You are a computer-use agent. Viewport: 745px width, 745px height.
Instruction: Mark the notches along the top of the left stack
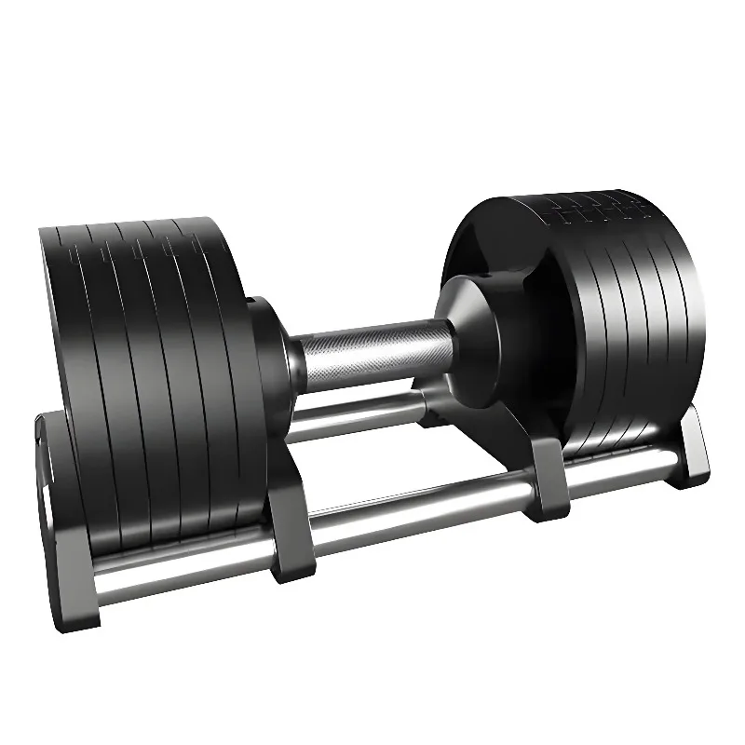point(140,242)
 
